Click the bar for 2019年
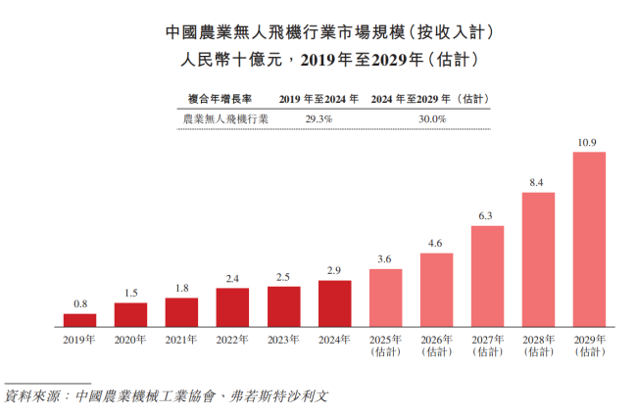[80, 319]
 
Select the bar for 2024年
[335, 303]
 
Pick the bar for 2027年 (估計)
[487, 276]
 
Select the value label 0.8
[80, 304]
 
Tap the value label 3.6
[385, 259]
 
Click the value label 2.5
[284, 277]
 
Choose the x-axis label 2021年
[182, 340]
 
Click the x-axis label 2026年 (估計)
[436, 346]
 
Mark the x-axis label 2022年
[233, 340]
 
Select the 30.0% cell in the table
[432, 118]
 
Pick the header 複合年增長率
[220, 99]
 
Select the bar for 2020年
[131, 314]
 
